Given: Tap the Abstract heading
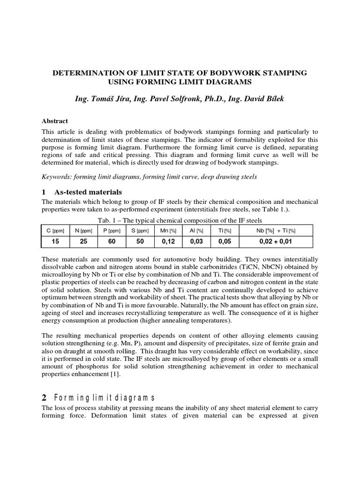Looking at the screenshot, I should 55,121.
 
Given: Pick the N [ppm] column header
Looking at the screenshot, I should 83,231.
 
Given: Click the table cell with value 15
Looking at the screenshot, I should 55,242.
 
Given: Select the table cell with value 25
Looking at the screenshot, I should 83,242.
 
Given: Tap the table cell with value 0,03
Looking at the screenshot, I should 196,242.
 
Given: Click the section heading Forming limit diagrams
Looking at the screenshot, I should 105,398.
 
